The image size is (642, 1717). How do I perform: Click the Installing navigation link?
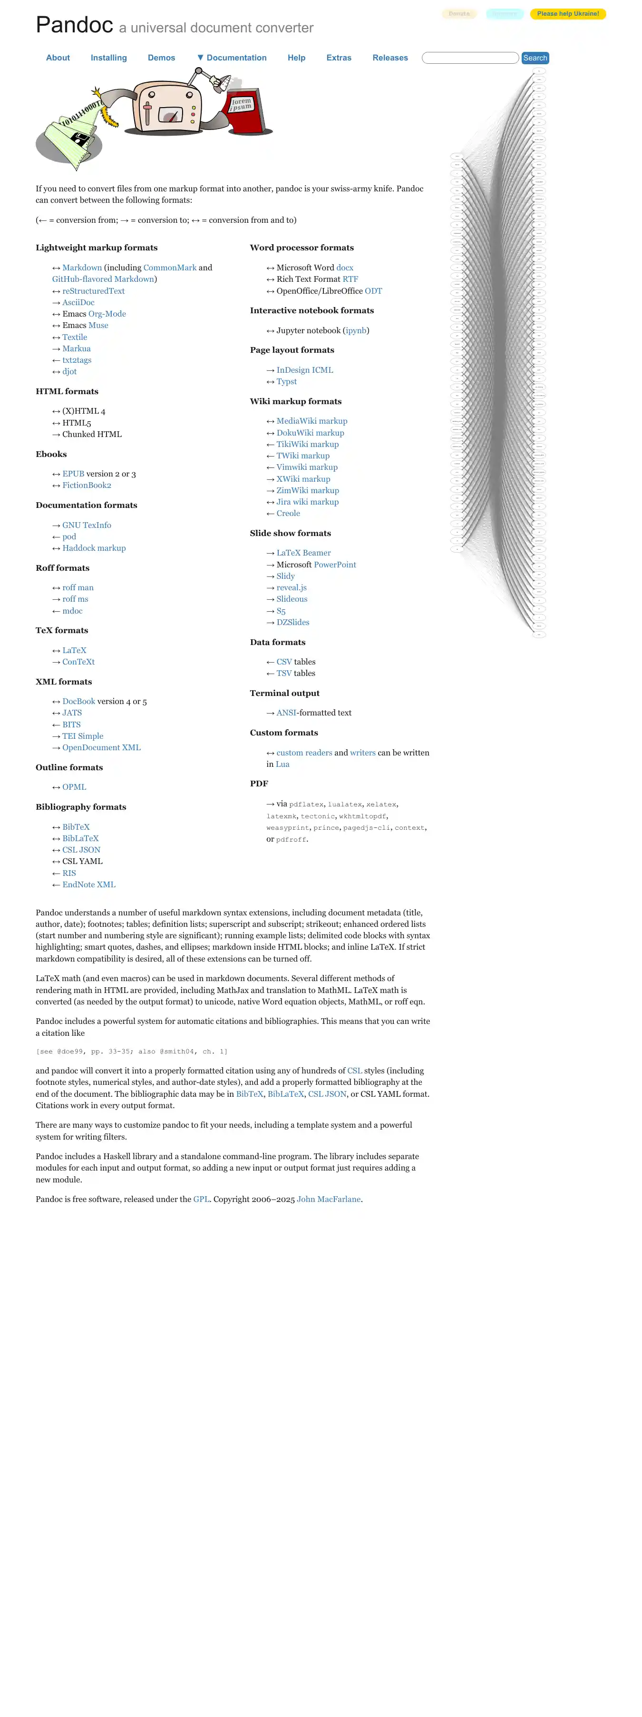coord(108,58)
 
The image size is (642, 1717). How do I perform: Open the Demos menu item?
coord(161,58)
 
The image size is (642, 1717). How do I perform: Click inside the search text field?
coord(470,58)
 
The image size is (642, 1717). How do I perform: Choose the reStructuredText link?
coord(93,291)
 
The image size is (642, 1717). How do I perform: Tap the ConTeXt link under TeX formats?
coord(78,662)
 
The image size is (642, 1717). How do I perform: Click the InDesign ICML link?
coord(304,370)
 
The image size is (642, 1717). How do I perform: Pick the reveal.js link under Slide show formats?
coord(292,588)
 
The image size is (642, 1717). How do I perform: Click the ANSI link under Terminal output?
coord(286,713)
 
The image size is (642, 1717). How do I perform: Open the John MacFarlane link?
coord(329,1200)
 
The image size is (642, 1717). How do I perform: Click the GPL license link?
coord(201,1200)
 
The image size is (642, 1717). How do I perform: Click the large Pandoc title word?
coord(74,25)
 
